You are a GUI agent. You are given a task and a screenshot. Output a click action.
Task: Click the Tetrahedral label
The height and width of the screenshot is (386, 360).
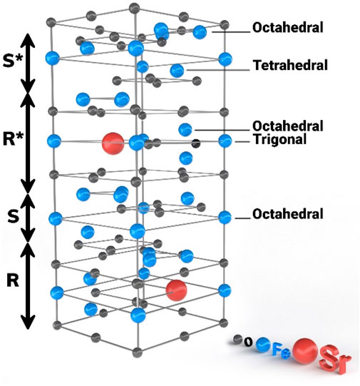pyautogui.click(x=290, y=66)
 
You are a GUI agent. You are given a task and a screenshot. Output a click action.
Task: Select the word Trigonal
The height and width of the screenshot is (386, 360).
pyautogui.click(x=280, y=139)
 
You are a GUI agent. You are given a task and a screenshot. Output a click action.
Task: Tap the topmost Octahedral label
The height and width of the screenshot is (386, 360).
pyautogui.click(x=288, y=28)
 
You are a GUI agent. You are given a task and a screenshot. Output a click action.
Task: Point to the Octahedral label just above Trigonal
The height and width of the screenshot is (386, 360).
pyautogui.click(x=288, y=126)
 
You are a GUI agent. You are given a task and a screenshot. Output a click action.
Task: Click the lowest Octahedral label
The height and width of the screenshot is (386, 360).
pyautogui.click(x=288, y=214)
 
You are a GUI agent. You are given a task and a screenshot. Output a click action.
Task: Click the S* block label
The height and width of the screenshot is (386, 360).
pyautogui.click(x=13, y=61)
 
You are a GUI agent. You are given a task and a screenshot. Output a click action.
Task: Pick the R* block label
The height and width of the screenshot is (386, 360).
pyautogui.click(x=13, y=139)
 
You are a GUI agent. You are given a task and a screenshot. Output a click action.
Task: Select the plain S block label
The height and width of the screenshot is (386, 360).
pyautogui.click(x=13, y=216)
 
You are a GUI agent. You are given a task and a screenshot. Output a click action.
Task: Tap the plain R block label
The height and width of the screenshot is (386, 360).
pyautogui.click(x=13, y=280)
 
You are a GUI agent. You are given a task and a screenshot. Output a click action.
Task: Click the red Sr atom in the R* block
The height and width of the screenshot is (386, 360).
pyautogui.click(x=113, y=143)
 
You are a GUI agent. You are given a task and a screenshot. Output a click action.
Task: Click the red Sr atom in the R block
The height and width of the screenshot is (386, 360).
pyautogui.click(x=176, y=290)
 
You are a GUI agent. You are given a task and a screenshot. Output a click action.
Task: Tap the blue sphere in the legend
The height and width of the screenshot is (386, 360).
pyautogui.click(x=263, y=345)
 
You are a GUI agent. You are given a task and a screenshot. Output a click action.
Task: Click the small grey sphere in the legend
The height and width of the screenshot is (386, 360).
pyautogui.click(x=237, y=339)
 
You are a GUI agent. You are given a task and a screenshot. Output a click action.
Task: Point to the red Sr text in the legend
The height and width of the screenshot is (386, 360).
pyautogui.click(x=336, y=360)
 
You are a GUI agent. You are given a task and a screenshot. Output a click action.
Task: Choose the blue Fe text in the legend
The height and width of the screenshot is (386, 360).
pyautogui.click(x=281, y=352)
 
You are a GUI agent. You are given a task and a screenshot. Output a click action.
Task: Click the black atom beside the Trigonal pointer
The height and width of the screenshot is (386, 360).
pyautogui.click(x=196, y=143)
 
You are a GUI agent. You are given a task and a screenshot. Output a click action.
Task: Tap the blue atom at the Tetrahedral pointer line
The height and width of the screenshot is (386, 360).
pyautogui.click(x=177, y=71)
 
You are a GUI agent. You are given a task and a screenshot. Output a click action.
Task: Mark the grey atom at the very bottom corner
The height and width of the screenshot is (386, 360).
pyautogui.click(x=137, y=352)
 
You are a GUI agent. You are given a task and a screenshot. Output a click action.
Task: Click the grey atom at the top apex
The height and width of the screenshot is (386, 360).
pyautogui.click(x=134, y=9)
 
